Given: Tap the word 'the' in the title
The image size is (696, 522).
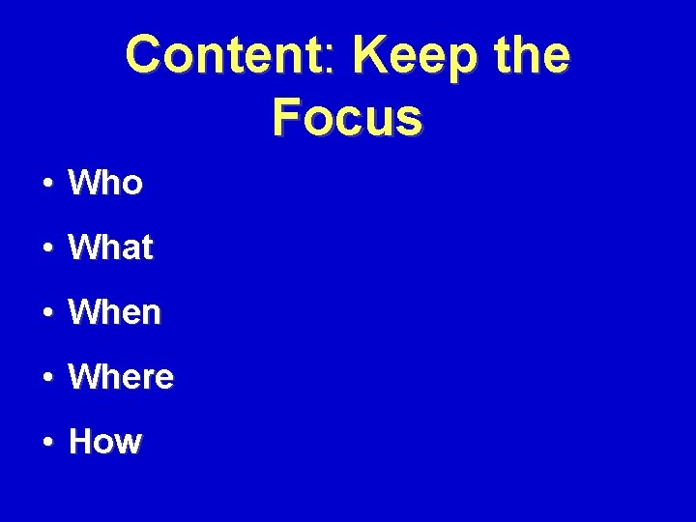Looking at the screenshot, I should point(533,55).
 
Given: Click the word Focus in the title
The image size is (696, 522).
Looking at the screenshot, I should point(347,118).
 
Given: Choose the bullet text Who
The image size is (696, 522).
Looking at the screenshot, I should point(105,183).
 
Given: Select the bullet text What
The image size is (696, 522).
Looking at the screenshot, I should point(110,247).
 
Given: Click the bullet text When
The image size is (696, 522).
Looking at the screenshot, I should point(114,312).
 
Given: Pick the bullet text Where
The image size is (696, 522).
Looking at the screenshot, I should point(121,377).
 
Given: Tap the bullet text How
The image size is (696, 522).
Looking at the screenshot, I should point(105,442).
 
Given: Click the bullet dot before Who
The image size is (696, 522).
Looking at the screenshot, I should point(47,184).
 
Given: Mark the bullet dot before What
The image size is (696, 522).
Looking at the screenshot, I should point(47,248).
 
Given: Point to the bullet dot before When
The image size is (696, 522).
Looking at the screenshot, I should point(47,313).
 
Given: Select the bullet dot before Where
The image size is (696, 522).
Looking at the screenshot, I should point(47,378).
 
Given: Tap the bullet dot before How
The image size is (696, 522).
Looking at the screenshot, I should point(47,443).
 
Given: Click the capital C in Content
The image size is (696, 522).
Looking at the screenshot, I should point(145,55).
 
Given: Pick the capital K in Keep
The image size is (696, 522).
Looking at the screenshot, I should point(371,55).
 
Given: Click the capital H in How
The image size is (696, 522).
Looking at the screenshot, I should point(81,442).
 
